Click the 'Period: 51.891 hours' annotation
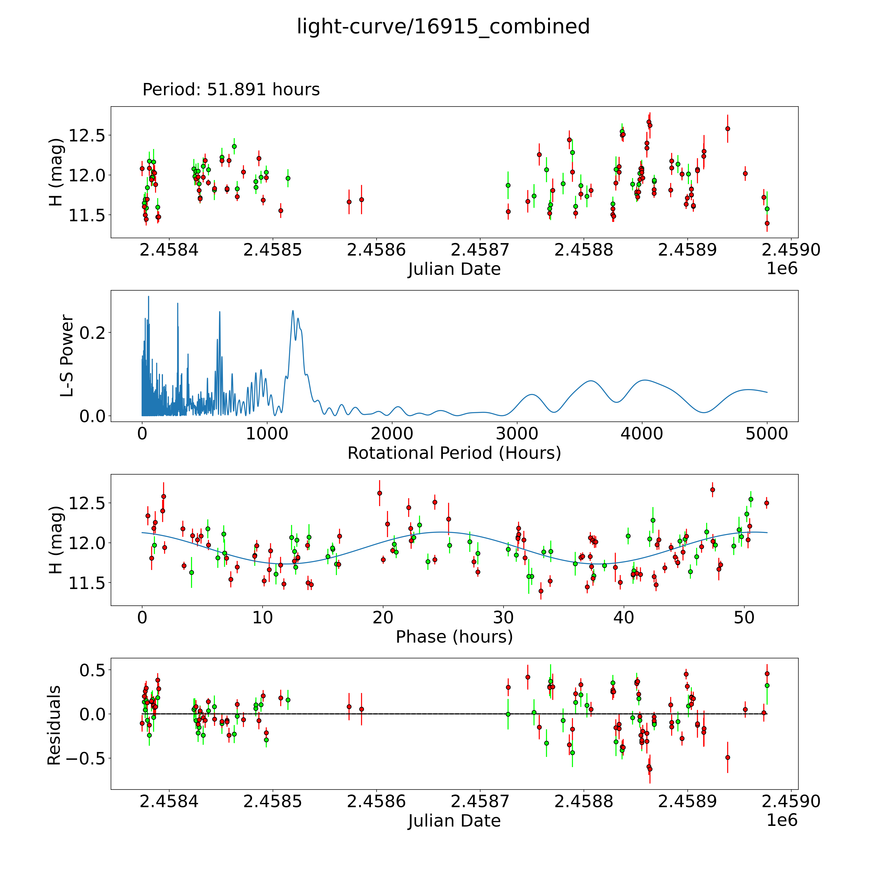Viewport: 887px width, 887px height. click(231, 90)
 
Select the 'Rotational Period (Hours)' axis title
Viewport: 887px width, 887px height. click(454, 453)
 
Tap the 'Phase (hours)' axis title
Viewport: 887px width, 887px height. click(454, 637)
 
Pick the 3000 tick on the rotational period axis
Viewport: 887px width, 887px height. click(517, 433)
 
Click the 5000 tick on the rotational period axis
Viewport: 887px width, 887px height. click(767, 433)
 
